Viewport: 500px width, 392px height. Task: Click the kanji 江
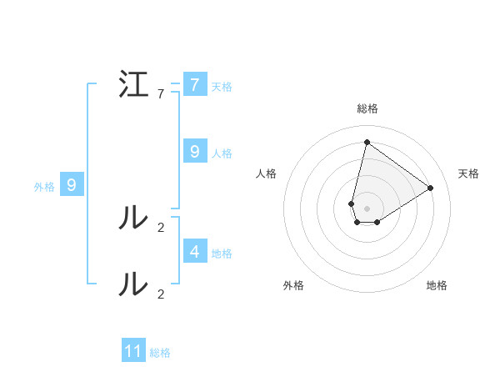[135, 85]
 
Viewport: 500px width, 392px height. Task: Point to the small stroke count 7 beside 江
[161, 94]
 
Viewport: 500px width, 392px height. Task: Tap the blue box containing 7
[194, 85]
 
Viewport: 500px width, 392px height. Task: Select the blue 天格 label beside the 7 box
[222, 86]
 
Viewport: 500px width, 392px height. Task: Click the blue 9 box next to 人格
[194, 152]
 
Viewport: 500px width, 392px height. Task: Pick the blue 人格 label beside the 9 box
[222, 153]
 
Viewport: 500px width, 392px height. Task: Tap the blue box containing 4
[194, 251]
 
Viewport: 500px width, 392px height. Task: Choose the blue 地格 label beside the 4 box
[222, 253]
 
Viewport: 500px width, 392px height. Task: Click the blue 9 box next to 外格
[72, 185]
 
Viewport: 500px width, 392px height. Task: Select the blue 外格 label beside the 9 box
[44, 187]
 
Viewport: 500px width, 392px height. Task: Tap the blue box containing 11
[133, 351]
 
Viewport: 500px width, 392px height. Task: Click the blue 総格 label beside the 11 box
[160, 353]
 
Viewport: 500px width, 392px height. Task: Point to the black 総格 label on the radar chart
[367, 108]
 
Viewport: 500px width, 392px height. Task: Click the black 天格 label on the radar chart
[468, 173]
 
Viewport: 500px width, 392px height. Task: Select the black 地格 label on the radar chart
[437, 285]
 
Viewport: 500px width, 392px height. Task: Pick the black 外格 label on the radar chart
[293, 285]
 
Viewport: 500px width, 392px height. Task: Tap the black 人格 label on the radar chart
[266, 173]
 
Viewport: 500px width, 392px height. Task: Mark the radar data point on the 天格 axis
[431, 188]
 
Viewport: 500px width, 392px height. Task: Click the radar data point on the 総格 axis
[367, 142]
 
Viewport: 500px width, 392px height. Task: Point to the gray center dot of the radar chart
[367, 208]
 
